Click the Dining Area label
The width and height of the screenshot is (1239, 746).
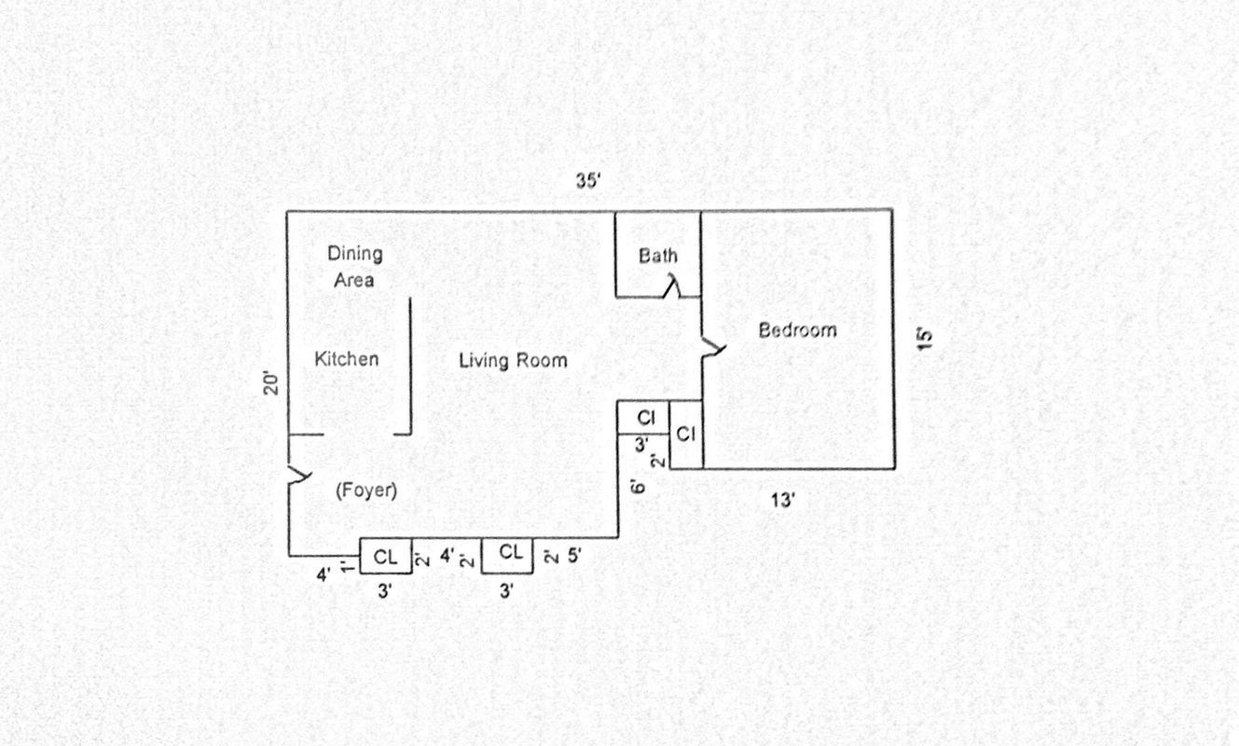354,266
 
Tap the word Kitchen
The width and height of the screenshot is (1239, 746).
346,359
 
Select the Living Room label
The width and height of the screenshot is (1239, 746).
513,361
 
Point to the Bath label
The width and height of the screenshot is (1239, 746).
658,256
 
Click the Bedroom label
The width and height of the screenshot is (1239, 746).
797,330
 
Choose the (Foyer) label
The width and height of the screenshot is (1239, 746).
366,490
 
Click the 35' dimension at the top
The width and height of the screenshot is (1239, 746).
589,181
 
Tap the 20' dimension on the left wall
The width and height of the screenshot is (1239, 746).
271,383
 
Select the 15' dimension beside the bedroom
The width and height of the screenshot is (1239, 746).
925,338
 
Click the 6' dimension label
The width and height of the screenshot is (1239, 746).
639,486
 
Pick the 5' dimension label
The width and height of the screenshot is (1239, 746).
574,556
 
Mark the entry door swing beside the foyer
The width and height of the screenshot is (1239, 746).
298,476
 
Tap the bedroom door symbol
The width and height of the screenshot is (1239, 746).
713,349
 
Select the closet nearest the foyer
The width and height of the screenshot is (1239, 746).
386,558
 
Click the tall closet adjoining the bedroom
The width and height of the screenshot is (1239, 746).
686,435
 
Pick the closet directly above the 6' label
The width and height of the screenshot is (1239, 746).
644,418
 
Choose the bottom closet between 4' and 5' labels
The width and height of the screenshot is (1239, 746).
508,554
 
